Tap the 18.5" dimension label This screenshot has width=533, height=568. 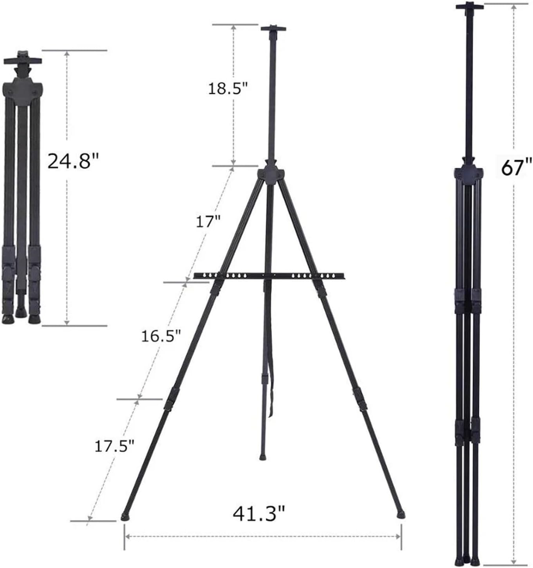click(228, 88)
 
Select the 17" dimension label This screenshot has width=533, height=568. click(208, 222)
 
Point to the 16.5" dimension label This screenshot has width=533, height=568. click(161, 336)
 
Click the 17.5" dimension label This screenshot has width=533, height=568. click(114, 446)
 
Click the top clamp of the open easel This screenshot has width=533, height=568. click(273, 29)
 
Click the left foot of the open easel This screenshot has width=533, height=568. click(125, 516)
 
